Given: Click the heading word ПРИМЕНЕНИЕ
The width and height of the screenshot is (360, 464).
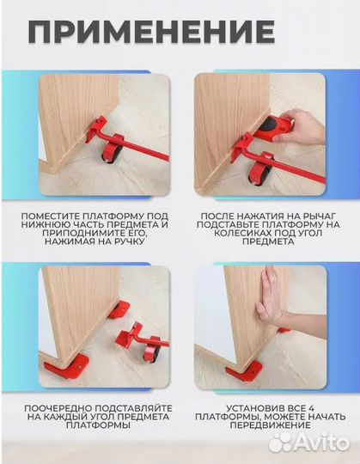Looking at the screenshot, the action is (x=151, y=33).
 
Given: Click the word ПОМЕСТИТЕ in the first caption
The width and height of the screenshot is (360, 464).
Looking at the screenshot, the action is (x=50, y=217).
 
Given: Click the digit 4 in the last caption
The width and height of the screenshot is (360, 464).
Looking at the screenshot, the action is (x=311, y=409).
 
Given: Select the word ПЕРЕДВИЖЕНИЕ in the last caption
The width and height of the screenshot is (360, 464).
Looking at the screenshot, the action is (x=271, y=426).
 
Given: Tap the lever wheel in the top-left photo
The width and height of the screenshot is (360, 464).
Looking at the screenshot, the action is (x=109, y=154).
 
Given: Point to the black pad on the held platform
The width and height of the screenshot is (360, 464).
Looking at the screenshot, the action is (x=269, y=123).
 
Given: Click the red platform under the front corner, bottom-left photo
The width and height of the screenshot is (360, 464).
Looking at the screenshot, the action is (x=67, y=366).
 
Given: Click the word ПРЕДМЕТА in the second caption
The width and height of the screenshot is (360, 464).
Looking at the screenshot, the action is (x=268, y=241).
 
